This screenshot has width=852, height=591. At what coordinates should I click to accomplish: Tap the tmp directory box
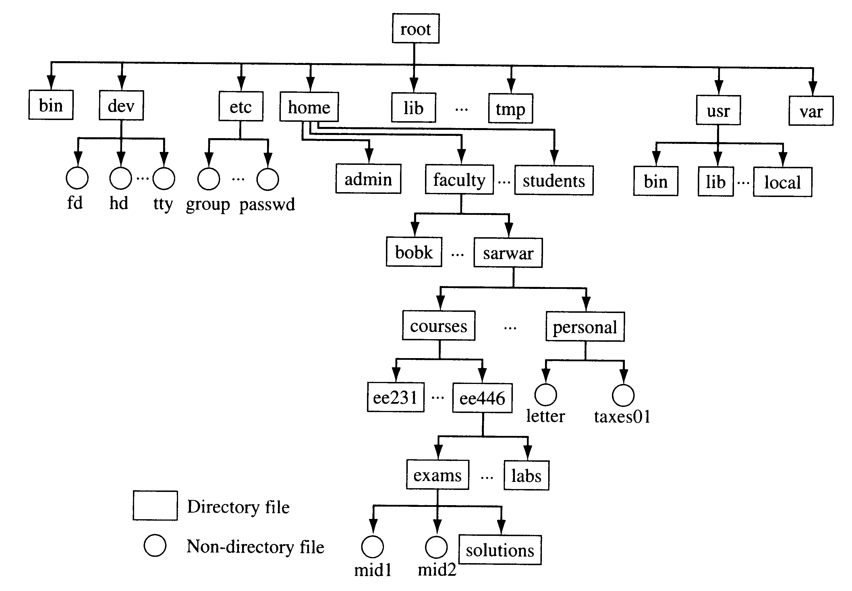[x=510, y=109]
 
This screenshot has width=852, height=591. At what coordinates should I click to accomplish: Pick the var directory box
[x=811, y=111]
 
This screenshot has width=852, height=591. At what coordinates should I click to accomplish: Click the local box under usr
[x=782, y=182]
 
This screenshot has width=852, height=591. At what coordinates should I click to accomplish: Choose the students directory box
[x=554, y=180]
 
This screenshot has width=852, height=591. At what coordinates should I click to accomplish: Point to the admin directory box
[x=368, y=179]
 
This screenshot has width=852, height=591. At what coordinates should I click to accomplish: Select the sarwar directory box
[x=508, y=253]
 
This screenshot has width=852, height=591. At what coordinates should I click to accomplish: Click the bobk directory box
[x=414, y=252]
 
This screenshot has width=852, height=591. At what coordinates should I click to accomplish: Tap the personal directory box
[x=585, y=327]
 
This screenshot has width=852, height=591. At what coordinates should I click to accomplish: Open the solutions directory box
[x=499, y=550]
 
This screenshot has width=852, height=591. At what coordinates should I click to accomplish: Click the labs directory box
[x=526, y=476]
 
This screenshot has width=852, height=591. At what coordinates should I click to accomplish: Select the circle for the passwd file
[x=267, y=179]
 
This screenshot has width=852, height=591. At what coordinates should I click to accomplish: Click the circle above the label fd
[x=77, y=178]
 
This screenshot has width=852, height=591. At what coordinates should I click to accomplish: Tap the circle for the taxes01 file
[x=623, y=395]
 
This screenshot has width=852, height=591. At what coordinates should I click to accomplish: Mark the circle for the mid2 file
[x=436, y=547]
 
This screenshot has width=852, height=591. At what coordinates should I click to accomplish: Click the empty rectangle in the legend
[x=155, y=505]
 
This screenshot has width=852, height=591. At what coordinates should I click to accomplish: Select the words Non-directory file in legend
[x=255, y=546]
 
